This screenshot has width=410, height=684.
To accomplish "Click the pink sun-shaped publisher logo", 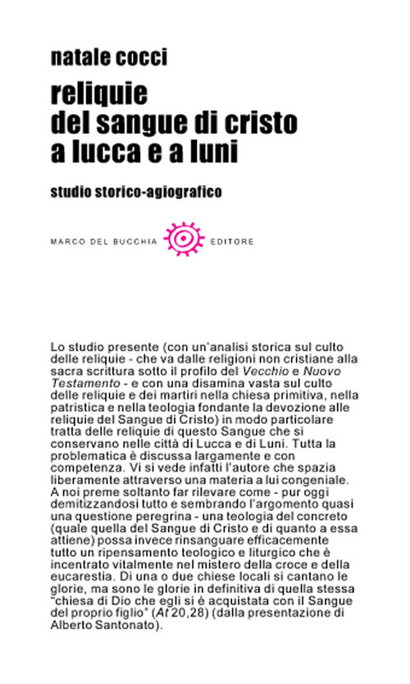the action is click(182, 239).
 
